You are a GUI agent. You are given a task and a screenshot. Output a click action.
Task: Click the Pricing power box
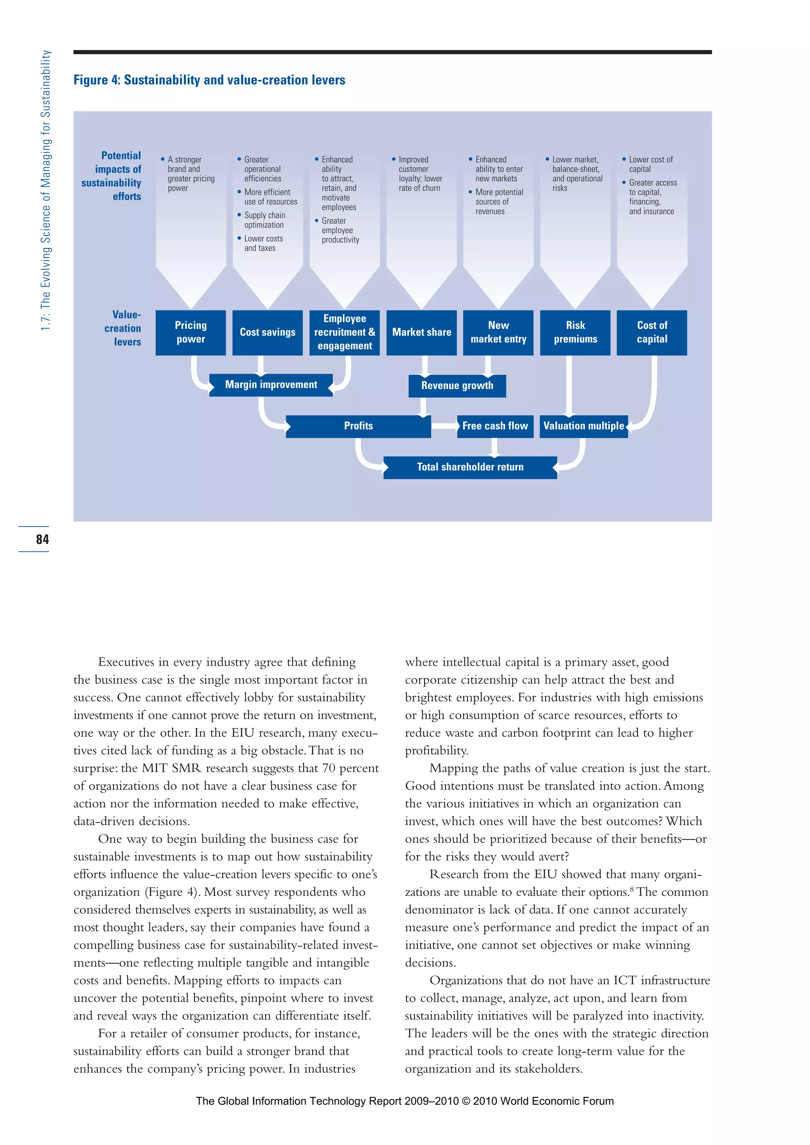pyautogui.click(x=191, y=333)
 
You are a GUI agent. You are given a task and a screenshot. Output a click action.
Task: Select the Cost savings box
pyautogui.click(x=267, y=333)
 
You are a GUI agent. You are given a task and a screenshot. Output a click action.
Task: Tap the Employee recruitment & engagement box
pyautogui.click(x=344, y=333)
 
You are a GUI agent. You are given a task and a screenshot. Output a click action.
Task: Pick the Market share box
pyautogui.click(x=422, y=333)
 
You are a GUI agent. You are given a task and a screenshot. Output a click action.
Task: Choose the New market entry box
pyautogui.click(x=498, y=333)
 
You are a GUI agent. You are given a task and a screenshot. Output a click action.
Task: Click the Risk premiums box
pyautogui.click(x=575, y=333)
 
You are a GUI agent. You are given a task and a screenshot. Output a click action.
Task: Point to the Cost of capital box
pyautogui.click(x=652, y=333)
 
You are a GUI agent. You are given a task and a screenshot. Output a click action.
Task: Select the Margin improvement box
pyautogui.click(x=271, y=385)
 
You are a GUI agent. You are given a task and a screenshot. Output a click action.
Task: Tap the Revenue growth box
pyautogui.click(x=457, y=386)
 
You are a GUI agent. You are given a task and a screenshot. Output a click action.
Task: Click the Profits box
pyautogui.click(x=358, y=426)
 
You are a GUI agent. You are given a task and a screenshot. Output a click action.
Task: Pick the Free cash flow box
pyautogui.click(x=495, y=426)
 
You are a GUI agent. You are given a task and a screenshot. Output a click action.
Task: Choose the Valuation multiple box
pyautogui.click(x=583, y=426)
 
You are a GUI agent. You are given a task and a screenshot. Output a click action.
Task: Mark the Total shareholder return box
pyautogui.click(x=470, y=467)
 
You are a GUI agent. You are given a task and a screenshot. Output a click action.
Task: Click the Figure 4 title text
pyautogui.click(x=210, y=80)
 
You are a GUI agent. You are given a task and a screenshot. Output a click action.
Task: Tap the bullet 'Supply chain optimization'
pyautogui.click(x=264, y=220)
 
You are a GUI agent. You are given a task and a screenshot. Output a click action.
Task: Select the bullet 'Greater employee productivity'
pyautogui.click(x=340, y=231)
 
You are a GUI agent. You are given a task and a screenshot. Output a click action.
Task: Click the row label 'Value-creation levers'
pyautogui.click(x=123, y=328)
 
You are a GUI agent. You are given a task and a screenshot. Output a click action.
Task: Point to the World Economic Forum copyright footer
pyautogui.click(x=405, y=1101)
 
